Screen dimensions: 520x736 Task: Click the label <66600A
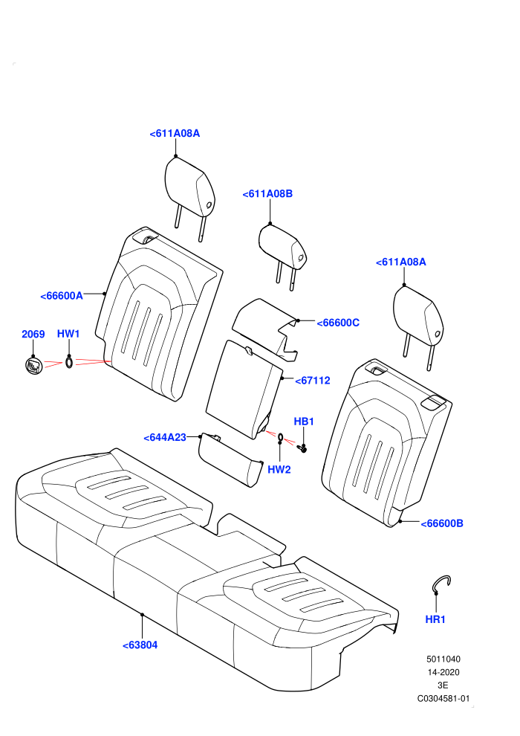tap(62, 296)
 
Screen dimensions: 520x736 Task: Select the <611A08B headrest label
tap(267, 194)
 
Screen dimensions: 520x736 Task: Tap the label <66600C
tap(338, 323)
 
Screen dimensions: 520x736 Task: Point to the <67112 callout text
tap(313, 381)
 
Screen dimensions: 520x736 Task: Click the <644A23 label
tap(165, 437)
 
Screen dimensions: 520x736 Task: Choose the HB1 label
tap(304, 422)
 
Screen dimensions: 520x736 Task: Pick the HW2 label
tap(279, 469)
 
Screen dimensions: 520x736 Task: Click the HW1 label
tap(68, 334)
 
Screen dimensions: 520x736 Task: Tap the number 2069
tap(33, 335)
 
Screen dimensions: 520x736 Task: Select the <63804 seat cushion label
tap(140, 645)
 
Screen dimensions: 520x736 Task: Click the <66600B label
tap(442, 523)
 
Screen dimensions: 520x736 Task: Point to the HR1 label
tap(435, 619)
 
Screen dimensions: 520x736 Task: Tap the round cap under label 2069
tap(33, 365)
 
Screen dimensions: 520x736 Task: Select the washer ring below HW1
tap(69, 362)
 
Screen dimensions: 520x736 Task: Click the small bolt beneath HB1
tap(304, 448)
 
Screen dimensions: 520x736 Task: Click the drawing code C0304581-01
tap(443, 698)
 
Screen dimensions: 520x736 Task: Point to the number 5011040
tap(443, 659)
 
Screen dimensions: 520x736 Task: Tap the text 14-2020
tap(443, 672)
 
